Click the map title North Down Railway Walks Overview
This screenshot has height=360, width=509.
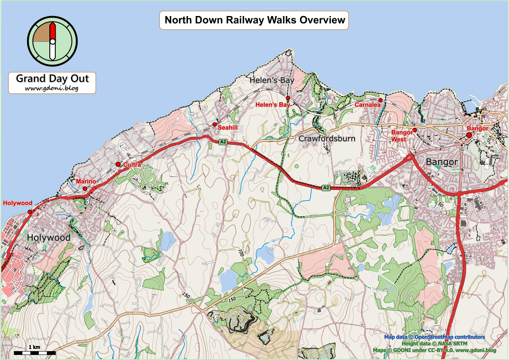(x=254, y=20)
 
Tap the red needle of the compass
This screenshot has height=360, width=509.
(x=52, y=32)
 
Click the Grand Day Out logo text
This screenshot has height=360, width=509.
(x=52, y=79)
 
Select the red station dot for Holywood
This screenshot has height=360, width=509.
(x=30, y=212)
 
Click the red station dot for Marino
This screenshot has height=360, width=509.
(x=85, y=189)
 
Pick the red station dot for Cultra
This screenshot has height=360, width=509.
(x=118, y=164)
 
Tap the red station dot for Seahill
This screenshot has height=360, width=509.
(x=215, y=125)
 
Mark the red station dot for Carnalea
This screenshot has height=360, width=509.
(x=380, y=100)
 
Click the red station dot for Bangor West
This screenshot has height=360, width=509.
(x=414, y=130)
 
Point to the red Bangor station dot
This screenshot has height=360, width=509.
(x=468, y=135)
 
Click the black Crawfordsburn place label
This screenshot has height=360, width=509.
(x=327, y=138)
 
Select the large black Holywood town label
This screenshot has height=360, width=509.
(x=49, y=238)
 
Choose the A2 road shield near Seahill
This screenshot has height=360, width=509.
(x=223, y=143)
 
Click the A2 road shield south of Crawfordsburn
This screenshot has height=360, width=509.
(x=325, y=187)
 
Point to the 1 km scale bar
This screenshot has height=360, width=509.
(x=35, y=352)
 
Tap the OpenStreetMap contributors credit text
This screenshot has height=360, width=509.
(x=449, y=337)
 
